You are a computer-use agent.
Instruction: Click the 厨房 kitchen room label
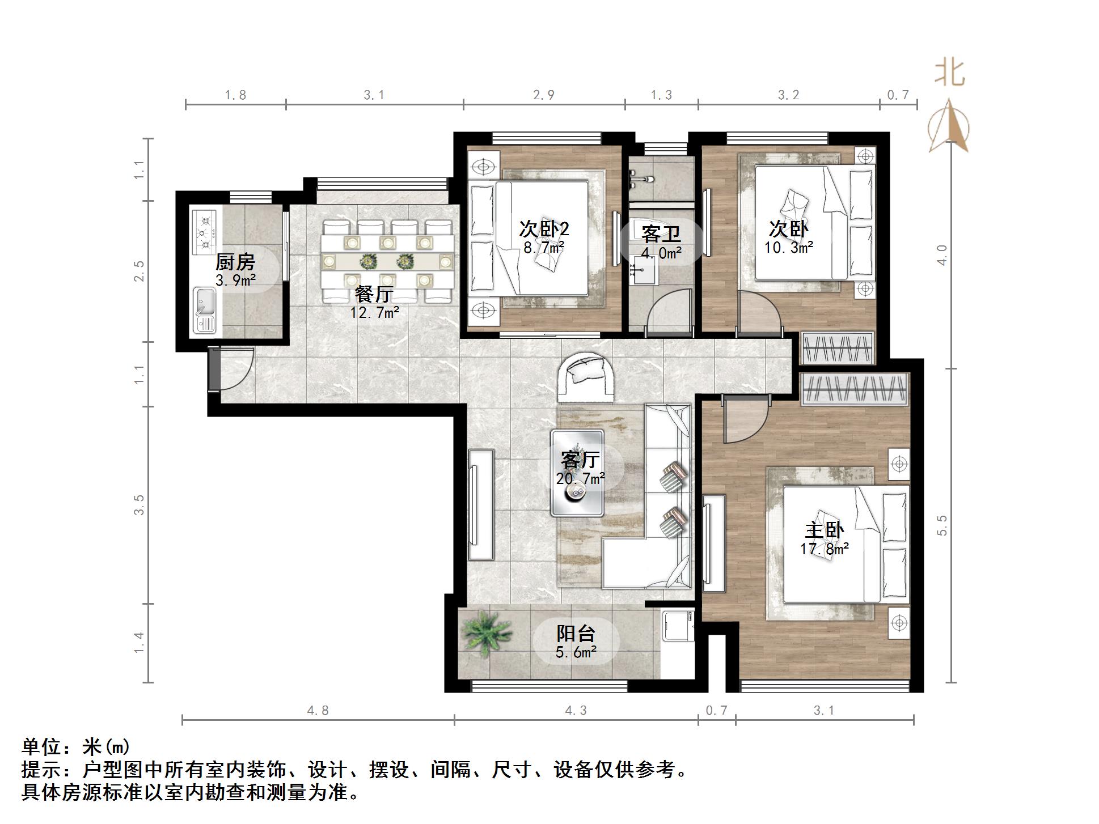pyautogui.click(x=235, y=262)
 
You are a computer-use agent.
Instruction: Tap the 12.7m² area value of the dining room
pyautogui.click(x=375, y=312)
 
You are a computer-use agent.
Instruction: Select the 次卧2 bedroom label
pyautogui.click(x=544, y=229)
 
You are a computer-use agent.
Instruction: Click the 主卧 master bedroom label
pyautogui.click(x=825, y=530)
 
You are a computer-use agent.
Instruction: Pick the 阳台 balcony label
pyautogui.click(x=576, y=634)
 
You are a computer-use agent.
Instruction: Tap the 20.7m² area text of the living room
pyautogui.click(x=580, y=479)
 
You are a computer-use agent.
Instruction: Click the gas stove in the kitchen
pyautogui.click(x=204, y=232)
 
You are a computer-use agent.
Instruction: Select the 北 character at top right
pyautogui.click(x=950, y=74)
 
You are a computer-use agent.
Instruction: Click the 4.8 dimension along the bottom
pyautogui.click(x=318, y=711)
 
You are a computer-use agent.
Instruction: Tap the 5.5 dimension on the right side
pyautogui.click(x=942, y=525)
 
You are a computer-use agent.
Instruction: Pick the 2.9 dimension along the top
pyautogui.click(x=544, y=95)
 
